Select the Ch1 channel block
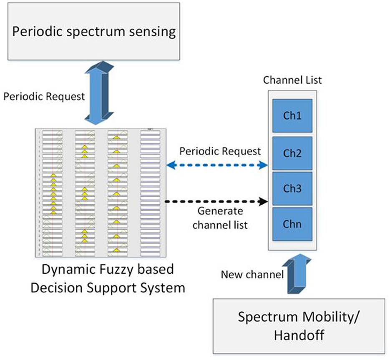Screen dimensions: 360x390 pos(292,116)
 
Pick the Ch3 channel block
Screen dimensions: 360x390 pos(292,188)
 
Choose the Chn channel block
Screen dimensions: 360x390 pos(292,224)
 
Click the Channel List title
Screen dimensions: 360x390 pos(292,79)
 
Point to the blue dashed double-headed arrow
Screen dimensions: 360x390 pos(216,165)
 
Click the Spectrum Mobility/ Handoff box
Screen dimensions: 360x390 pos(299,325)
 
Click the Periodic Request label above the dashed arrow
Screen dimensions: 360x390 pos(220,151)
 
